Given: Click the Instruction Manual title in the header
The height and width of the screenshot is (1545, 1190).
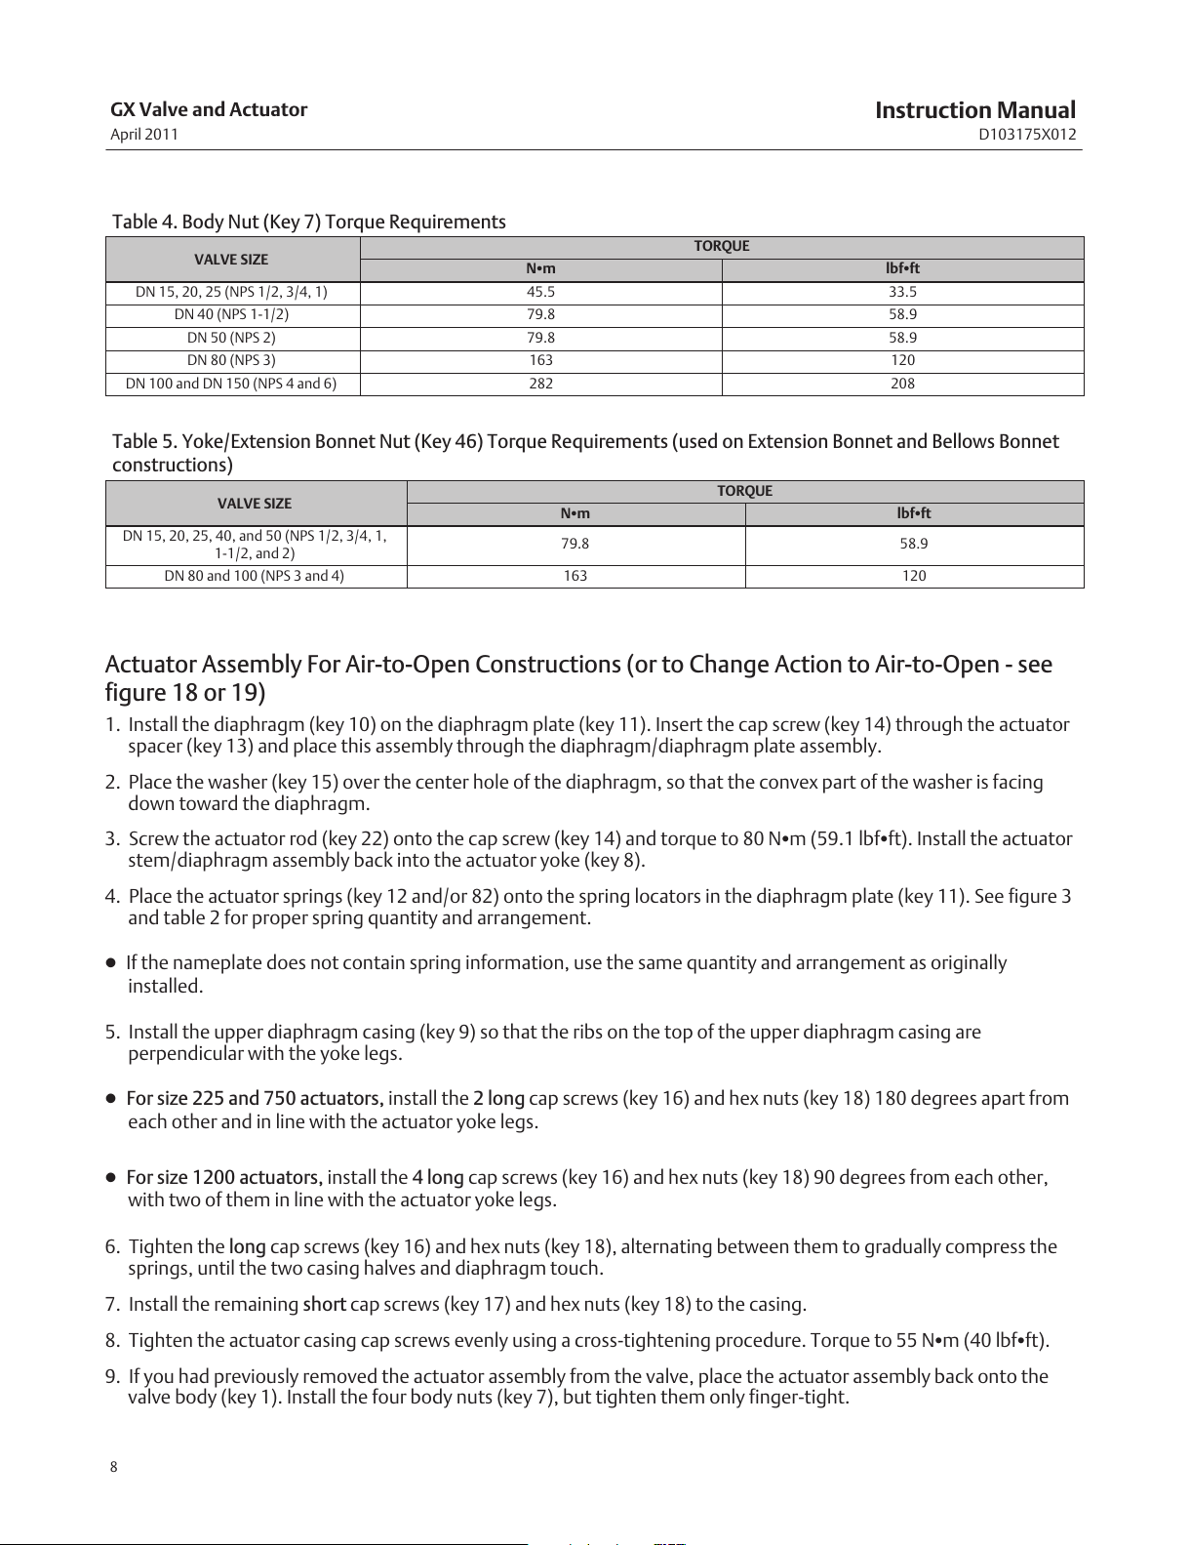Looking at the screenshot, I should click(974, 110).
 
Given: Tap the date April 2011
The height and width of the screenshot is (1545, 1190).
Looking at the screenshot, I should click(144, 135).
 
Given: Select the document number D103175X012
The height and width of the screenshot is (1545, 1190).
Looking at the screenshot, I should click(1027, 135).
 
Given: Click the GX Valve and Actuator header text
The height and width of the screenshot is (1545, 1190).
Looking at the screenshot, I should click(209, 109).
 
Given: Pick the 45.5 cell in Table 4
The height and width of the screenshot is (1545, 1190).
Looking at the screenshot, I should click(540, 292).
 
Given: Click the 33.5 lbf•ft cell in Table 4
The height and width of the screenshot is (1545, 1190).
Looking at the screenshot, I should click(902, 292).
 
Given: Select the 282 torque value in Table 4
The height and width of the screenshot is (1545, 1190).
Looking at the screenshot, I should click(540, 384).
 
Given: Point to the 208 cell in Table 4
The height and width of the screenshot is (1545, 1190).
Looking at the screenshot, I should click(902, 384).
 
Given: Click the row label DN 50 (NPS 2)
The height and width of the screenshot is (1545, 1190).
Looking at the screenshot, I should click(231, 338).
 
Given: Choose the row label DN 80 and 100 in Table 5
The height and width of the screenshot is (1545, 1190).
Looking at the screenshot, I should click(254, 576).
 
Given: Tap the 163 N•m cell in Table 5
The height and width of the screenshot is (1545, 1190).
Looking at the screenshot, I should click(575, 576).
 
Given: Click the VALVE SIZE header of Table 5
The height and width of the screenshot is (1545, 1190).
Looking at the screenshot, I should click(254, 504).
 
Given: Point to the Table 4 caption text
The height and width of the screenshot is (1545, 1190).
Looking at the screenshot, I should click(308, 222).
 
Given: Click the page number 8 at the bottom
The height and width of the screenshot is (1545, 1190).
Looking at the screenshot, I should click(113, 1467).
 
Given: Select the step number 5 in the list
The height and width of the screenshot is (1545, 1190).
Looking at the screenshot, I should click(111, 1033).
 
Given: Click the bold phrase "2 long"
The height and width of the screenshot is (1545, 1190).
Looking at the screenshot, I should click(498, 1099).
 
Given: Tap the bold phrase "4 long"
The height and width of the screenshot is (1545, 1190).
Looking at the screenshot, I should click(438, 1177).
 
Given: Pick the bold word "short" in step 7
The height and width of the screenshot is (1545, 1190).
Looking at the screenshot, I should click(324, 1304).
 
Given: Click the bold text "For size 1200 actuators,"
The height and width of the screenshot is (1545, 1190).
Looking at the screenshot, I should click(224, 1177).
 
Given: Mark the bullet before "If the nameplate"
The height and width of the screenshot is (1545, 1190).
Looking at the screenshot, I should click(111, 963).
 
